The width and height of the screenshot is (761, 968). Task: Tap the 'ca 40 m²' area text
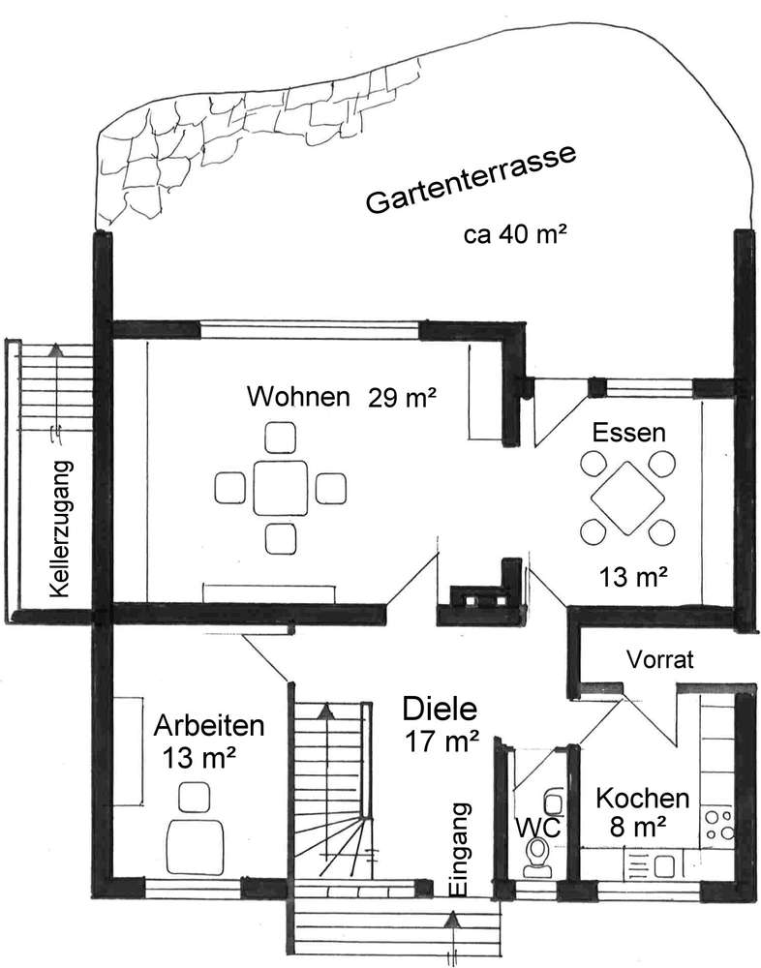516,236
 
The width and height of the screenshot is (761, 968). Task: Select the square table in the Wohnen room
280,488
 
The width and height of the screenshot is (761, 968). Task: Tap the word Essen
630,432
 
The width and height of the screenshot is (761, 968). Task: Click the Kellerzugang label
63,531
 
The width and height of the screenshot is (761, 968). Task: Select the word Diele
439,711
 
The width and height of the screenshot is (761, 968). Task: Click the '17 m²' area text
442,743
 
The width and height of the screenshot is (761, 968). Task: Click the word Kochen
643,800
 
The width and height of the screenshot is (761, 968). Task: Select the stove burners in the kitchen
718,824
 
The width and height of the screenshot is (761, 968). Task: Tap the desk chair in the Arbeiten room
197,796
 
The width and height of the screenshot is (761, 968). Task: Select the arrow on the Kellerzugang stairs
55,350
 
